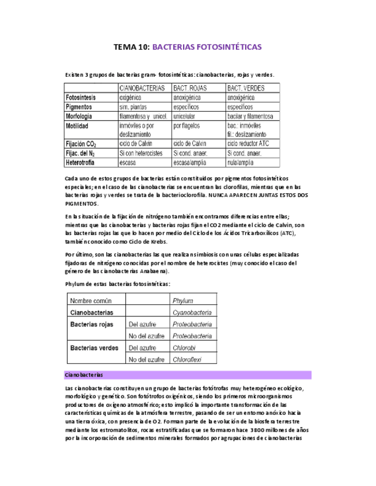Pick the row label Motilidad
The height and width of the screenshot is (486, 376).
coord(80,125)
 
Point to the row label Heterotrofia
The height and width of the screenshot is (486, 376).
coord(84,162)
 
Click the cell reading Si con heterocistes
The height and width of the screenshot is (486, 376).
coord(141,153)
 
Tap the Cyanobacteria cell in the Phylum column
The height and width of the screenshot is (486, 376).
coord(192,312)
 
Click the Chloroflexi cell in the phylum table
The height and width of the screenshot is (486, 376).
coord(189,359)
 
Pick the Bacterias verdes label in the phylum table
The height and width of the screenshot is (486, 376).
coord(94,347)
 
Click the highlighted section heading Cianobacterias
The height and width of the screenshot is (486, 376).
coord(84,375)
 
